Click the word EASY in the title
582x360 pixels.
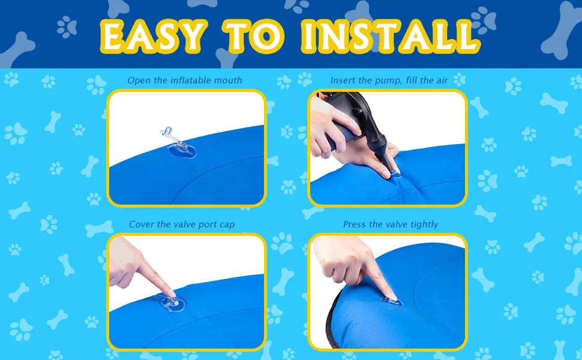click(153, 36)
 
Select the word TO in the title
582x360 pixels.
click(254, 36)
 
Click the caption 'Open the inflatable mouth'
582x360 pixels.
click(185, 80)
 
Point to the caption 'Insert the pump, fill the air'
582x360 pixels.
click(389, 80)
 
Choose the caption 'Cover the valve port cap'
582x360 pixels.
click(182, 224)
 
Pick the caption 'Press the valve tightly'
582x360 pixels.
click(391, 224)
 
